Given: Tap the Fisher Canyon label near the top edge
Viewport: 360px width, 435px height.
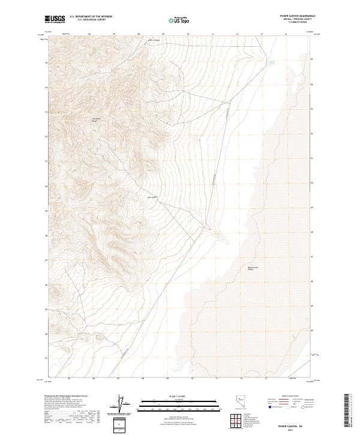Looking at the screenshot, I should (x=155, y=41).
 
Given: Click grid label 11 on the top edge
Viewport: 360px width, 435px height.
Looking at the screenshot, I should (x=213, y=35).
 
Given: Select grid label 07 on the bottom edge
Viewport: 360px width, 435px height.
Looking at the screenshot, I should (x=119, y=379).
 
